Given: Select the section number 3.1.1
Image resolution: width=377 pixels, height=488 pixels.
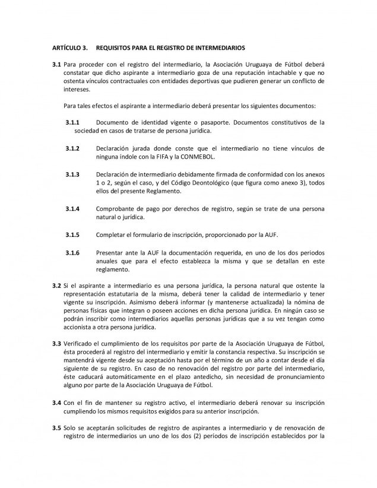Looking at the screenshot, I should click(74, 122).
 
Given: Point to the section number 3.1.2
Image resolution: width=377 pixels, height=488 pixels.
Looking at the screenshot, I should click(74, 148).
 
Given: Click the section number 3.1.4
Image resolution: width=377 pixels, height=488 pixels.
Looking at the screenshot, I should click(74, 209).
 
